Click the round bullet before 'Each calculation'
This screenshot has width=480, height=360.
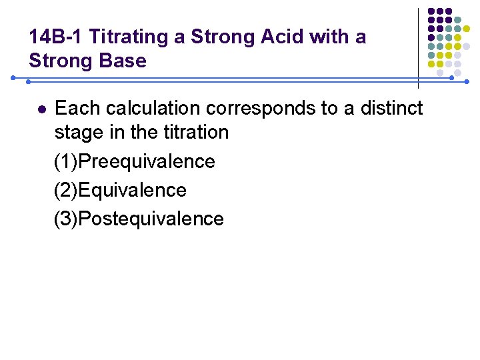click(x=41, y=108)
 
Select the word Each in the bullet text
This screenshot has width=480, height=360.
click(x=75, y=108)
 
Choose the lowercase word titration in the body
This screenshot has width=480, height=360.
click(x=193, y=132)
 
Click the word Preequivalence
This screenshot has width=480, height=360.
click(x=147, y=161)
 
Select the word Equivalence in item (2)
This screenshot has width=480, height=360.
click(x=133, y=190)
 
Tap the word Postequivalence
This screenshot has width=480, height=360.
click(x=151, y=219)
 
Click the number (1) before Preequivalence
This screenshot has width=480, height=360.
click(x=66, y=161)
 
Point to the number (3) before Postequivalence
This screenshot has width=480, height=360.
click(x=66, y=219)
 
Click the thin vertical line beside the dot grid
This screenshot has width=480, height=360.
click(x=418, y=47)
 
